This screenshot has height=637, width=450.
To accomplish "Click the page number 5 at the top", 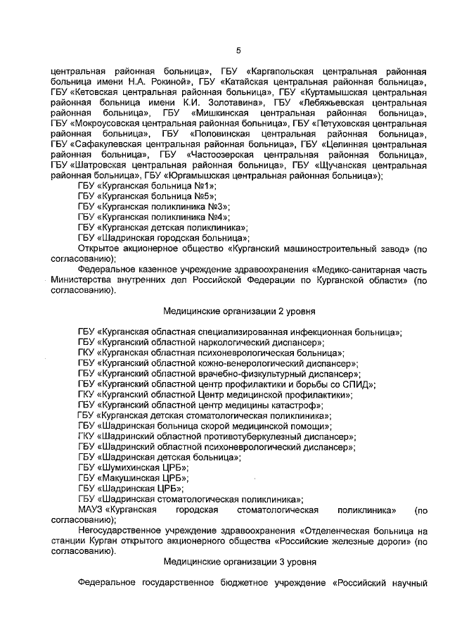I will pos(237,50).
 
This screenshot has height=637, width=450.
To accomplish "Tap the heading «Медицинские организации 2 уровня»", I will pos(239,309).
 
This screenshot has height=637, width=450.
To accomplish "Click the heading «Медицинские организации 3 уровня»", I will pos(239,562).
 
